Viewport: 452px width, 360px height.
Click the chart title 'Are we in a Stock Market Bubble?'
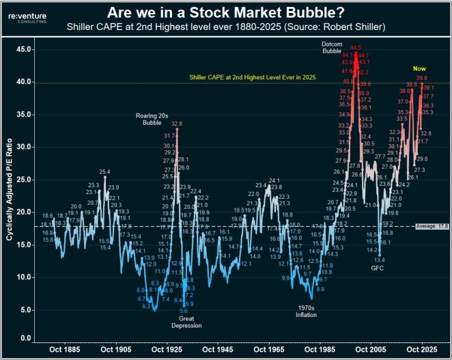(x=226, y=12)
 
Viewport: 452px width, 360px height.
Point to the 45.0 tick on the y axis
(x=24, y=50)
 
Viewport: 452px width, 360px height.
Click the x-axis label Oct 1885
(x=63, y=349)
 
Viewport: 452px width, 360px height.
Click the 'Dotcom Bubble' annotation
(x=331, y=48)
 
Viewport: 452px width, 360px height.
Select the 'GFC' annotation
(x=377, y=268)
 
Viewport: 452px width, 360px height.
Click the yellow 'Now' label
(x=420, y=69)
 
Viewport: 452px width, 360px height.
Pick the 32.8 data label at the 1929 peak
(x=177, y=124)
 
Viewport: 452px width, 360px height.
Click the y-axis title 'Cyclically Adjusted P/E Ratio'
(x=10, y=194)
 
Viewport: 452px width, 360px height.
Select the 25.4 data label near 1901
(x=105, y=172)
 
